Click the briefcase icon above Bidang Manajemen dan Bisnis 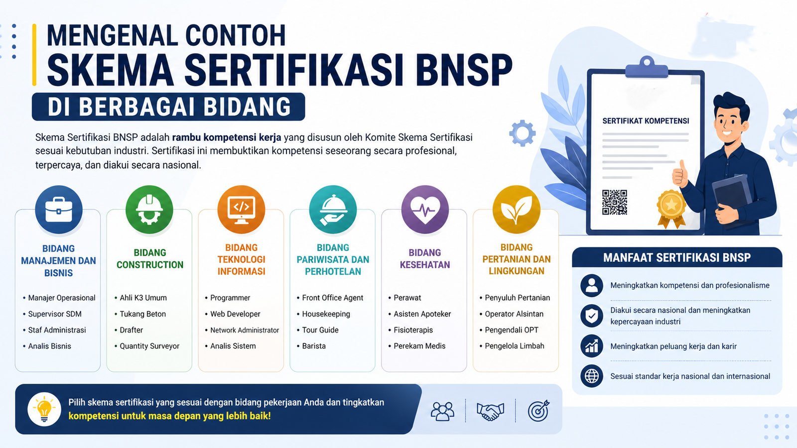[x=59, y=210]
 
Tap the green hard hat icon [x=149, y=210]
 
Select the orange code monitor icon [x=241, y=210]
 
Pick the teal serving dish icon [x=333, y=210]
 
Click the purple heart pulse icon [x=424, y=210]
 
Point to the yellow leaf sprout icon [x=516, y=210]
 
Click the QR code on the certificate [x=614, y=202]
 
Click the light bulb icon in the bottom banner [x=44, y=409]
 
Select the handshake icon [x=490, y=411]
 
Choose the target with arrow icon [x=538, y=411]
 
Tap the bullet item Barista [x=314, y=346]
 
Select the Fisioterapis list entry [x=413, y=330]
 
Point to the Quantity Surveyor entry [x=149, y=346]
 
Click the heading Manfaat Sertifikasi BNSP [x=676, y=258]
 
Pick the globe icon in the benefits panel [x=592, y=376]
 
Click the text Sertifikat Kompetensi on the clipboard [x=646, y=121]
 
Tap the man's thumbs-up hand [x=680, y=174]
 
